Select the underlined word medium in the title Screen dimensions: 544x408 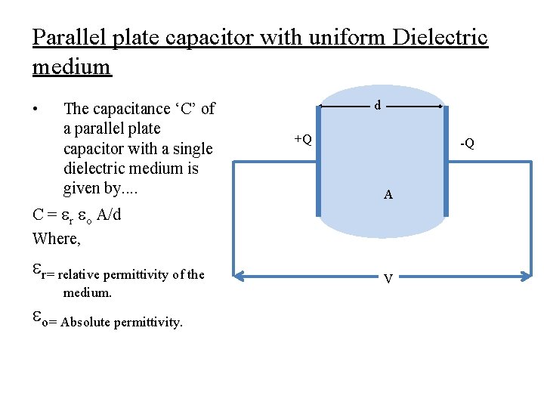(72, 66)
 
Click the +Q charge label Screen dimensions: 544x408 (303, 139)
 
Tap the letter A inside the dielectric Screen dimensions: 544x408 (388, 194)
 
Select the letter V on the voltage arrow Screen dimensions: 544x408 (388, 279)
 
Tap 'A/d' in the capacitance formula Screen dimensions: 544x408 (108, 215)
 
